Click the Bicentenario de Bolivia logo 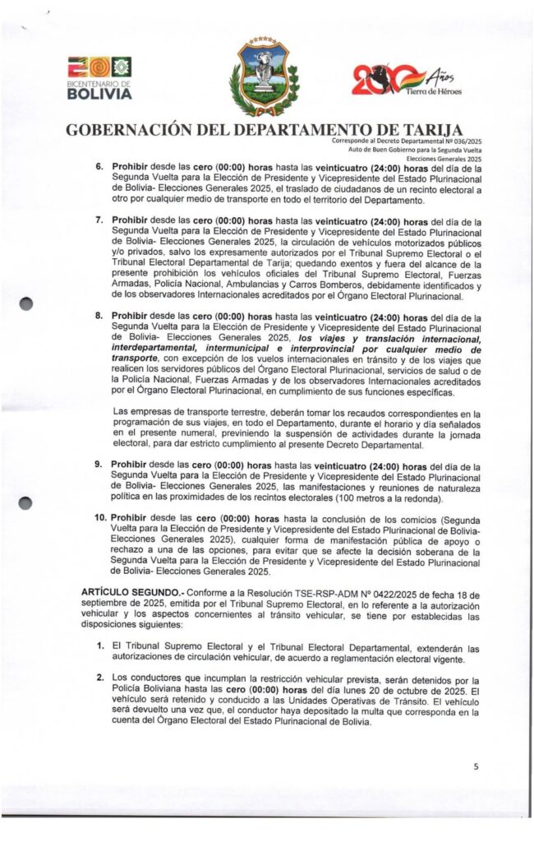(x=99, y=77)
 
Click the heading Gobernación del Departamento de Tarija (x=263, y=130)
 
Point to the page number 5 (x=475, y=765)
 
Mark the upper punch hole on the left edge (x=25, y=304)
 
